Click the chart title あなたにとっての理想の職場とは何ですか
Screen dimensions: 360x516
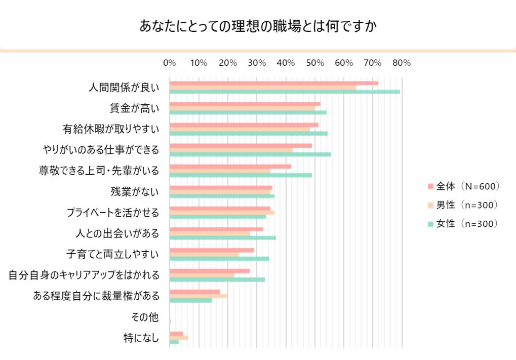point(258,26)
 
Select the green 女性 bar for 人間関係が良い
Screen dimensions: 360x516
point(285,92)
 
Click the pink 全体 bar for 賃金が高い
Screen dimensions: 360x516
point(245,104)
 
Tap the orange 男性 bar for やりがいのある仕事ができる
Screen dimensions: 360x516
point(231,150)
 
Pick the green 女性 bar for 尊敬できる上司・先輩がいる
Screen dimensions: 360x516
point(241,175)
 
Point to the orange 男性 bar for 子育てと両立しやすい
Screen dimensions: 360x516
point(204,254)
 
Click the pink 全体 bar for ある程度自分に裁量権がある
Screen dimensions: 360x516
point(194,292)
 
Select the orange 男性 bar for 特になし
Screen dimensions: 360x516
point(179,338)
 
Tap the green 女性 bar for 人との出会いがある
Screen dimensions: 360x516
point(222,237)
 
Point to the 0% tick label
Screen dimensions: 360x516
point(169,63)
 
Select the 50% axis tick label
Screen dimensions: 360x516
point(314,63)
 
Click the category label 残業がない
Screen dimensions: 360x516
point(135,191)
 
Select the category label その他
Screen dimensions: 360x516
point(145,317)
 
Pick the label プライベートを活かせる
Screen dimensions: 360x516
point(113,212)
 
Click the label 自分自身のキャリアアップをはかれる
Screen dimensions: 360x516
point(84,275)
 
